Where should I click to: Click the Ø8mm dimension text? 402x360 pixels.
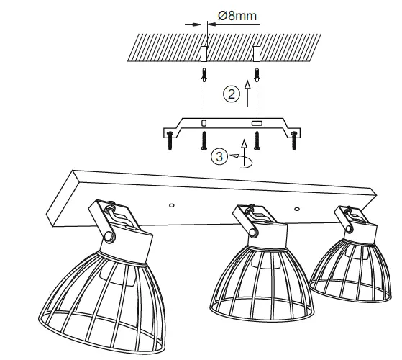point(238,14)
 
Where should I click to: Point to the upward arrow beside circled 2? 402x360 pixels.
point(247,91)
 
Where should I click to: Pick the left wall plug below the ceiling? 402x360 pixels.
point(204,73)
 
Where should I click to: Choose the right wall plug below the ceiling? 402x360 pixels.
point(256,73)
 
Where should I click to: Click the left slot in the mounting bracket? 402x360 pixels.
point(204,124)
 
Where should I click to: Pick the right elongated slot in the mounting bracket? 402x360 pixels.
point(256,124)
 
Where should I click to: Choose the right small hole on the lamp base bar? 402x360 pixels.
point(296,207)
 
